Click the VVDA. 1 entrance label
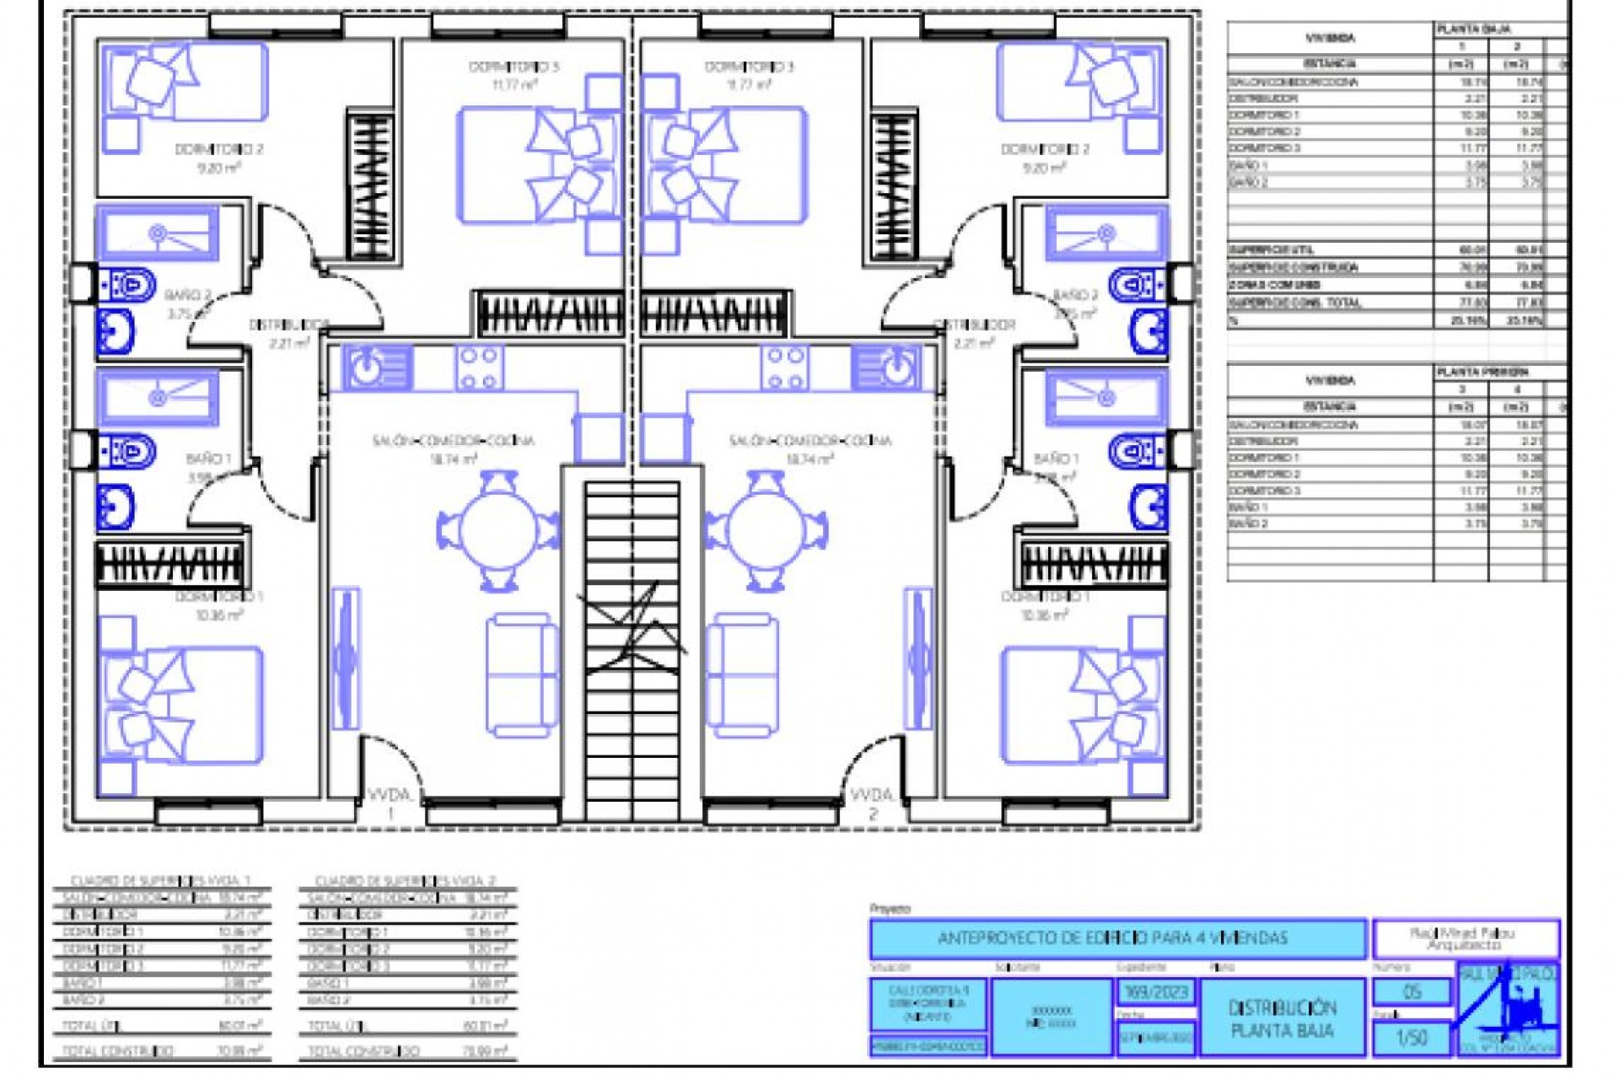coord(390,803)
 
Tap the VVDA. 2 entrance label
coord(872,803)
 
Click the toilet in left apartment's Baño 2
coord(128,286)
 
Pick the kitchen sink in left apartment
coord(368,368)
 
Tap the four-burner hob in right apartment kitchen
coord(785,368)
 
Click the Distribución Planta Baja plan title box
coord(1282,1018)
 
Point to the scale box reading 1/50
coord(1412,1038)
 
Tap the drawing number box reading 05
coord(1412,992)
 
